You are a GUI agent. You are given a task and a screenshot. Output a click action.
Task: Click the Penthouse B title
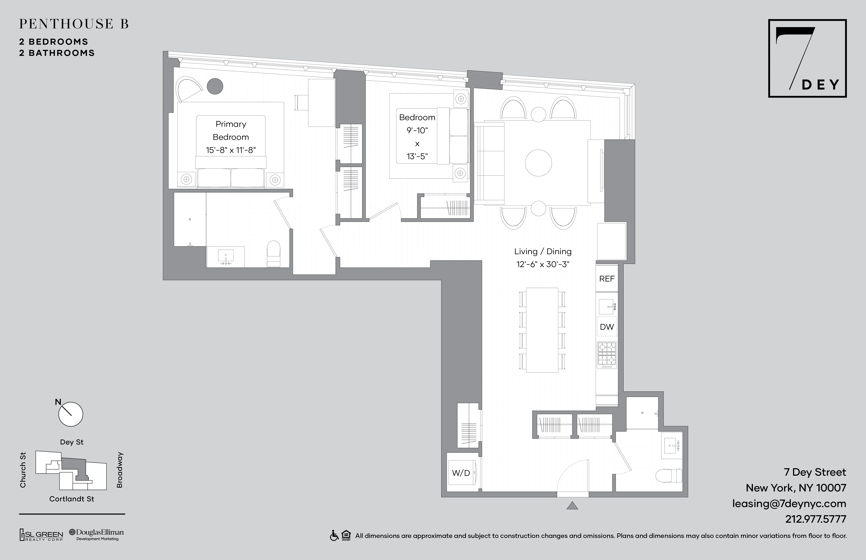tap(74, 24)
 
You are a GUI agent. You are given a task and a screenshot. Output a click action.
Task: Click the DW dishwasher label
tap(607, 327)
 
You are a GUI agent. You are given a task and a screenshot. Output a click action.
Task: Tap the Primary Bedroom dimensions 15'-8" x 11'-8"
tap(231, 150)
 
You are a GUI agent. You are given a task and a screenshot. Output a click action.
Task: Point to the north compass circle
tap(71, 414)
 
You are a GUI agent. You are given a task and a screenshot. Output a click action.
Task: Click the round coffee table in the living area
tap(538, 163)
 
